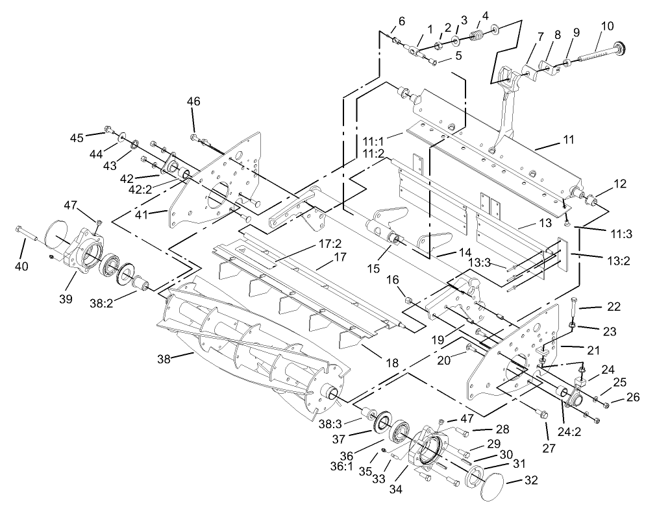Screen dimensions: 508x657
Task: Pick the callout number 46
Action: pos(193,101)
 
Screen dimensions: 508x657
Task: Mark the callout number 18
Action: pos(391,363)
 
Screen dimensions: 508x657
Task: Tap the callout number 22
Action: pos(614,307)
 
